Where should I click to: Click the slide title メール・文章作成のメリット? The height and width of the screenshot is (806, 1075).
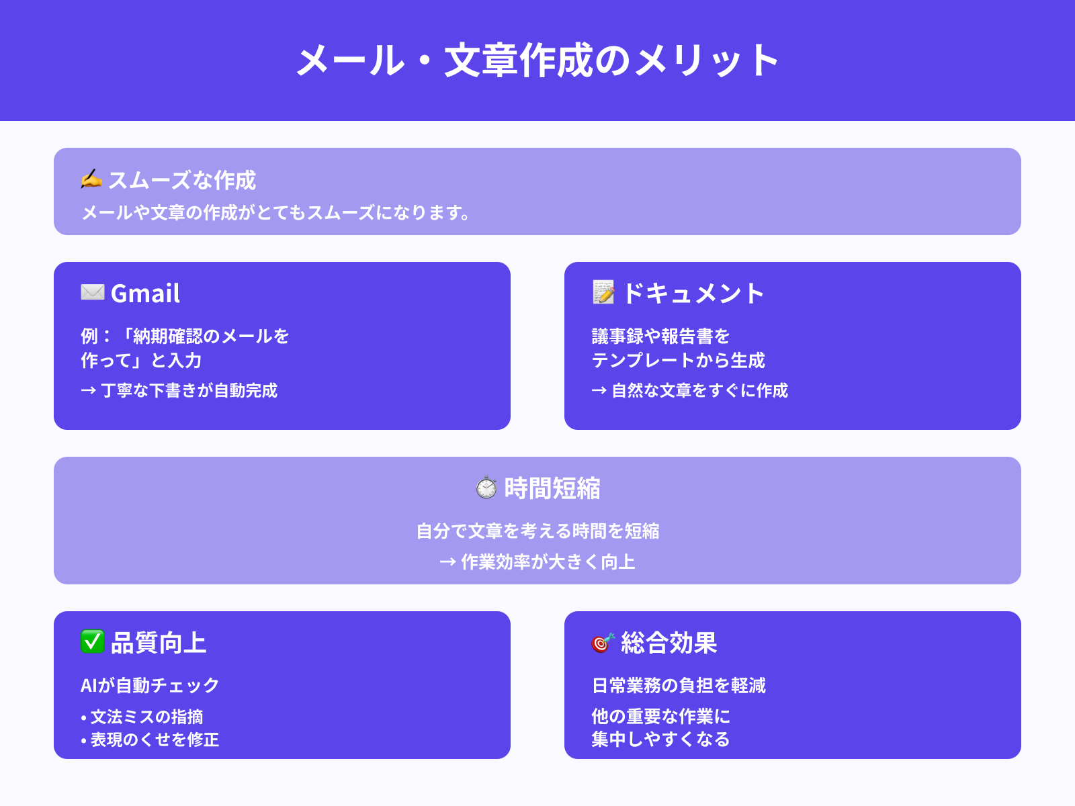point(537,60)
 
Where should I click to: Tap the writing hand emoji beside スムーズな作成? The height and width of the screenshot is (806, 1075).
point(91,179)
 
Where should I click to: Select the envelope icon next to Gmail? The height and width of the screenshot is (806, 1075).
point(93,292)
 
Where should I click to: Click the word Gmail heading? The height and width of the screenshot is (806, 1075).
point(145,294)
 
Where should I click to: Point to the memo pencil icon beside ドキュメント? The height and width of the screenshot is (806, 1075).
point(603,292)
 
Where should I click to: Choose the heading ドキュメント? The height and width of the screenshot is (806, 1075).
point(693,294)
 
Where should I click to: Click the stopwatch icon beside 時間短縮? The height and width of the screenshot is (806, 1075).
point(486,488)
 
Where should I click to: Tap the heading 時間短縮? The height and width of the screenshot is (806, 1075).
point(552,488)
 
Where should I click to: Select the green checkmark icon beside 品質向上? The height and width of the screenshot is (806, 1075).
point(93,641)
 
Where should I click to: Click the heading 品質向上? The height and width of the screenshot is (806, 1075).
point(159,643)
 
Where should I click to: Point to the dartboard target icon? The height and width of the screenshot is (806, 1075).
point(603,643)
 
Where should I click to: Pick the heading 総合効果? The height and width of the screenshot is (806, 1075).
point(669,643)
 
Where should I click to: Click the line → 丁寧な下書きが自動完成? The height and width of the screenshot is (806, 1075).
point(179,390)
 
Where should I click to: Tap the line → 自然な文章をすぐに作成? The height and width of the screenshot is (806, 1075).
point(690,390)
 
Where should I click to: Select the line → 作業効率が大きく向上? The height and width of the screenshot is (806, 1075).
point(537,562)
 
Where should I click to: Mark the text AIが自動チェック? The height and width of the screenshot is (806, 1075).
point(150,685)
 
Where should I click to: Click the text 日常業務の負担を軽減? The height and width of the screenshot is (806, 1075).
point(679,685)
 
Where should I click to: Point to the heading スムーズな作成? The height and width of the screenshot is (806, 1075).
point(182,180)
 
